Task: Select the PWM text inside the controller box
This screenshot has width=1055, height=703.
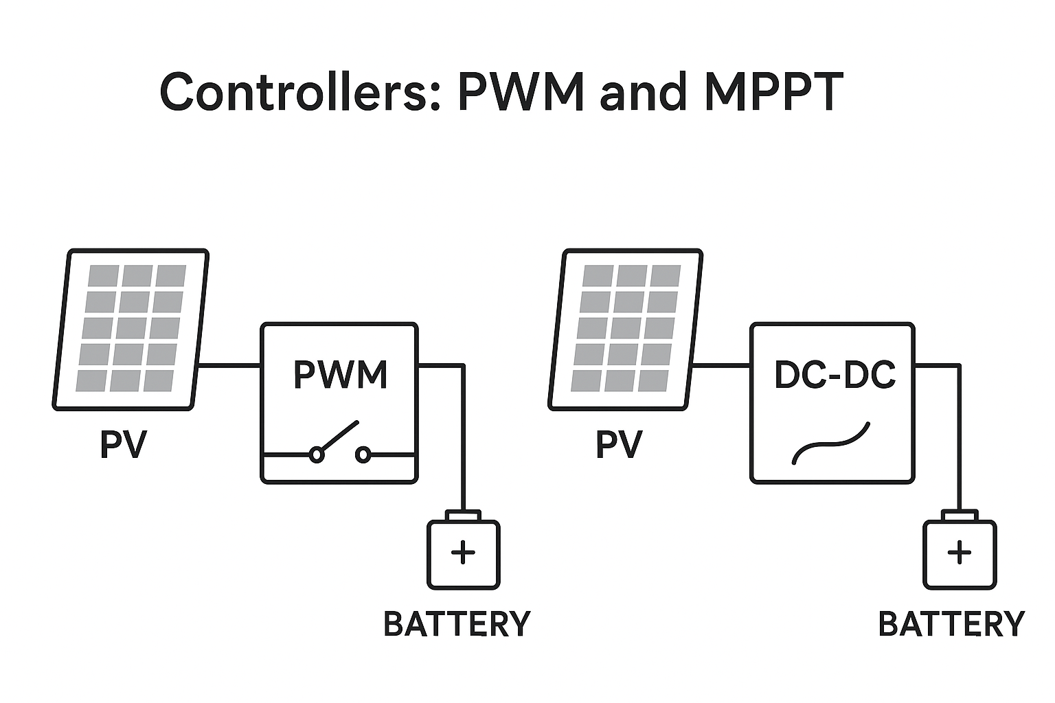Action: [x=340, y=375]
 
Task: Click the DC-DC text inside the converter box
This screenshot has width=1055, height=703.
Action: [x=834, y=375]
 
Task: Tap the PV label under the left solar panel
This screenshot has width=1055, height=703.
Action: [x=123, y=445]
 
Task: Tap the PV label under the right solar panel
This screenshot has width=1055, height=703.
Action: [x=618, y=445]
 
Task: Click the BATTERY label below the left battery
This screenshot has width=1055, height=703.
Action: [x=457, y=624]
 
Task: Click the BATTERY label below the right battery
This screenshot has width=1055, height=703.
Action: [x=951, y=624]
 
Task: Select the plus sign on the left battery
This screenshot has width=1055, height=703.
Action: [x=463, y=552]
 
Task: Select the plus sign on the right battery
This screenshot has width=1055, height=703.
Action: [x=959, y=552]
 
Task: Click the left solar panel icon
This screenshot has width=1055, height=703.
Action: [x=131, y=330]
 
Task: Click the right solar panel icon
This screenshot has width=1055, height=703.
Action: [x=626, y=330]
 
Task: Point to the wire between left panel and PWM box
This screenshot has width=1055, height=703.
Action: [x=229, y=366]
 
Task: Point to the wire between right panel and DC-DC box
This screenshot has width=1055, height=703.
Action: [x=721, y=366]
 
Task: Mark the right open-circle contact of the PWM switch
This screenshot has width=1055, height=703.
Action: [x=363, y=454]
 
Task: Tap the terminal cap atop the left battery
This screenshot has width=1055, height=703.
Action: [x=463, y=515]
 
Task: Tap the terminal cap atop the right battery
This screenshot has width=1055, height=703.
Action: [x=959, y=515]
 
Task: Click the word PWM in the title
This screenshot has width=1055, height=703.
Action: [x=520, y=91]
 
